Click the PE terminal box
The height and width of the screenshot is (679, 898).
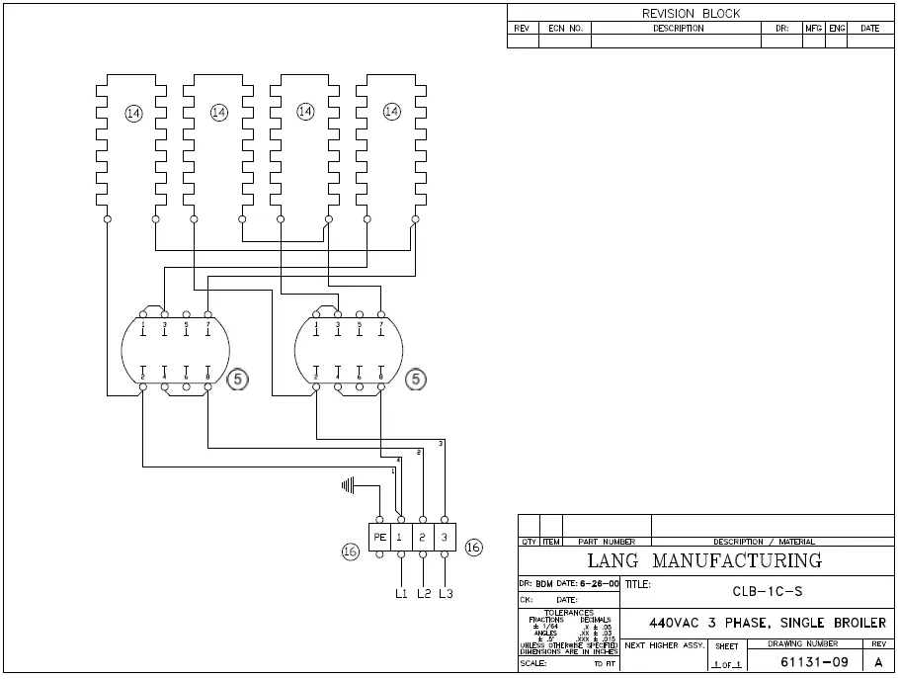click(x=379, y=537)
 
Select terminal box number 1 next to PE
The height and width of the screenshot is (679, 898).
click(x=401, y=537)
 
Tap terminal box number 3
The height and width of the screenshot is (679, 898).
click(x=446, y=537)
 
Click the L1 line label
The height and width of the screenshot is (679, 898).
click(x=401, y=593)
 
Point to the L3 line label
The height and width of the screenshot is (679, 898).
click(x=446, y=593)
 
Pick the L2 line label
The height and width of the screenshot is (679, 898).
click(x=424, y=593)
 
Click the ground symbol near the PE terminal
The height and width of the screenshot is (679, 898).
click(x=348, y=484)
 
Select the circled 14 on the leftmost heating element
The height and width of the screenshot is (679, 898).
click(x=133, y=114)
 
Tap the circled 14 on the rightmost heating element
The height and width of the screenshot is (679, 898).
click(x=392, y=112)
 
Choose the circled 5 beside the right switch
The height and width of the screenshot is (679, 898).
click(x=417, y=379)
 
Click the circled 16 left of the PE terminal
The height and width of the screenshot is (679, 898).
click(x=350, y=552)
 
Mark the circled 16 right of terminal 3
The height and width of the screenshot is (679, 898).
click(x=473, y=547)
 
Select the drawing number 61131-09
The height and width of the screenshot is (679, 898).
click(x=814, y=661)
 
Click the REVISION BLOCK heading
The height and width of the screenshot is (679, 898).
click(x=691, y=14)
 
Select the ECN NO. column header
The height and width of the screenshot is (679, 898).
click(x=565, y=29)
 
